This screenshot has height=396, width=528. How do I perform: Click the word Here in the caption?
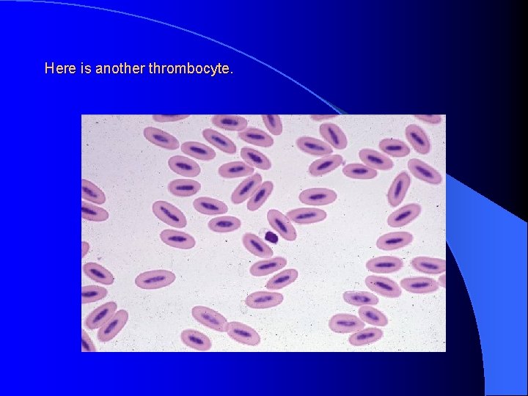(x=59, y=69)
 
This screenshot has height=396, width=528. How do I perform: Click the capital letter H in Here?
(x=49, y=69)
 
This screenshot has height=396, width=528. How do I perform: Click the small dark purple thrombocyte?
(x=271, y=237)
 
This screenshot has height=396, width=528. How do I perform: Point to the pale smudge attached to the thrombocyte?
(x=263, y=234)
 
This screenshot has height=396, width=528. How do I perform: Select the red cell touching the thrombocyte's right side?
(x=282, y=224)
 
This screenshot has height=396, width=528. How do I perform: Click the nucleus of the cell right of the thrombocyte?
(x=282, y=224)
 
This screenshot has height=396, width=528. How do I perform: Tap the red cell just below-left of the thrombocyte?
(x=257, y=246)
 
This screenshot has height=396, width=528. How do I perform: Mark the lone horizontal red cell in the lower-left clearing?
(x=155, y=279)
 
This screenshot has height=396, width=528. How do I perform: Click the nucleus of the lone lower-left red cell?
(x=155, y=279)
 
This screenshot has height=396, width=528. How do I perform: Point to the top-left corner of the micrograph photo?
(x=81, y=115)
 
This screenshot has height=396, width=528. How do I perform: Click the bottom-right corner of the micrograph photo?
(x=445, y=351)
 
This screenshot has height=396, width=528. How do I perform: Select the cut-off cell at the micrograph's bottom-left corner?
(x=86, y=342)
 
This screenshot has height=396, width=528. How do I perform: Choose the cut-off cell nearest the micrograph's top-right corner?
(x=430, y=118)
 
